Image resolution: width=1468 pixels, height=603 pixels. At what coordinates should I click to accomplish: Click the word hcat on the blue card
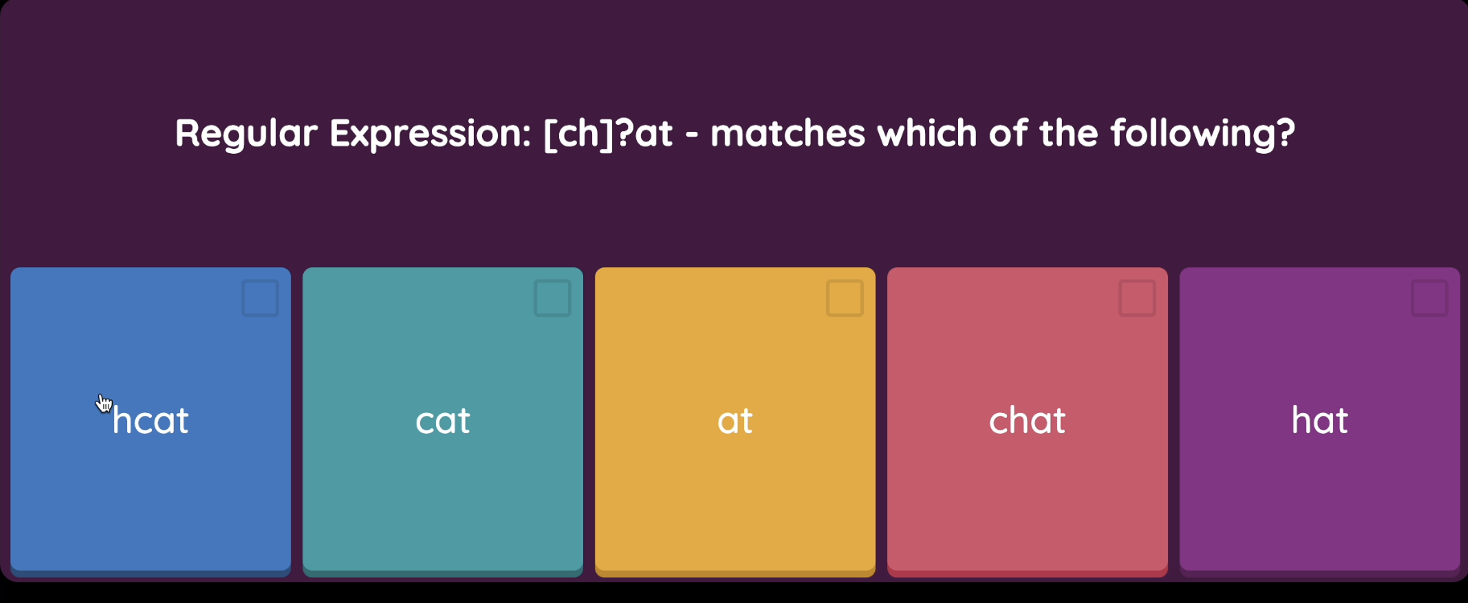(150, 420)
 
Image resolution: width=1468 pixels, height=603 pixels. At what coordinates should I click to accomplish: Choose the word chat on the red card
(1027, 420)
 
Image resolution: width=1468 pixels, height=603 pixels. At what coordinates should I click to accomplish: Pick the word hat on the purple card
(1320, 420)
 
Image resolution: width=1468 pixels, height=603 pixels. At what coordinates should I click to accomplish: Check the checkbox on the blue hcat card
(261, 298)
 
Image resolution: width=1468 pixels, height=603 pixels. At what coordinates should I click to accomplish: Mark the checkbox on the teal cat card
(553, 298)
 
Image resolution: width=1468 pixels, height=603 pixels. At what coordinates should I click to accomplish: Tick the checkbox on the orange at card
(845, 298)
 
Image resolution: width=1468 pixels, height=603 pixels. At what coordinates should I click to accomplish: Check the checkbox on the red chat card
(1137, 298)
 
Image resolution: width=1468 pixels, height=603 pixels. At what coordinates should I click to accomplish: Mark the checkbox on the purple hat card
(1429, 298)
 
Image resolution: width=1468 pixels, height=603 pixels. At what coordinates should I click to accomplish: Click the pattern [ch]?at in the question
(608, 134)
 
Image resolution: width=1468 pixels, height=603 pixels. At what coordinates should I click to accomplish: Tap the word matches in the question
(787, 134)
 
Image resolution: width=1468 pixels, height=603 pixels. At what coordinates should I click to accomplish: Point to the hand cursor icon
(105, 403)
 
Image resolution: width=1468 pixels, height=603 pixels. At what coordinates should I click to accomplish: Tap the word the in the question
(1068, 133)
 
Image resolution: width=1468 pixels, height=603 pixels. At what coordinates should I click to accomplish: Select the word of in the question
(1008, 133)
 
